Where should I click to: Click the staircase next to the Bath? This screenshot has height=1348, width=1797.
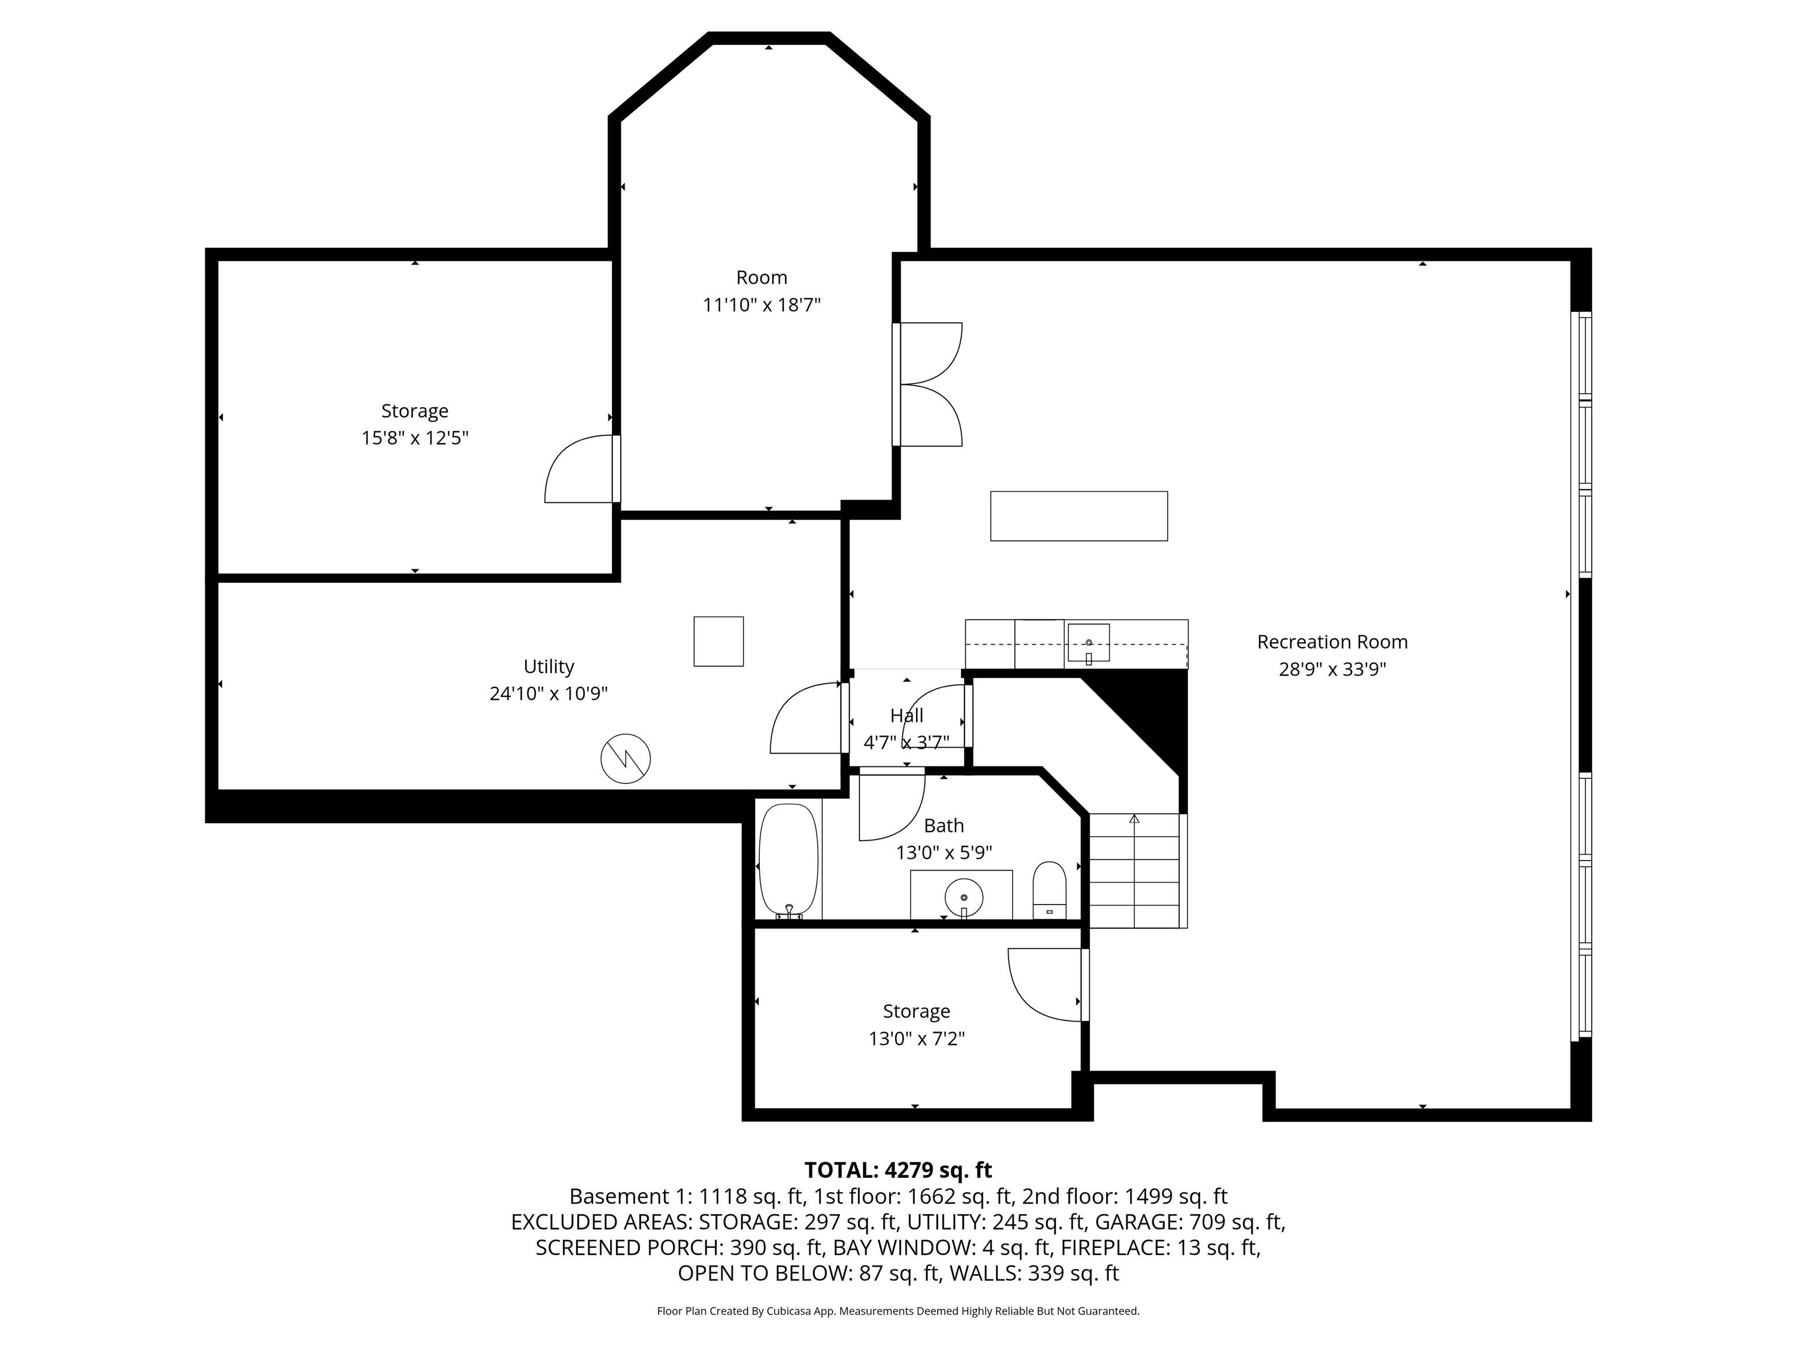[1135, 869]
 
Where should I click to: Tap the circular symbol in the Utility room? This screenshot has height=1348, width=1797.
[625, 759]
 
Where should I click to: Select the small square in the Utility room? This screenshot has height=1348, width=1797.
[718, 641]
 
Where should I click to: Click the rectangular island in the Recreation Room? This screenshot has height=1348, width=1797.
[1078, 516]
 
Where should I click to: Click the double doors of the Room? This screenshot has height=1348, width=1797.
[928, 384]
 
